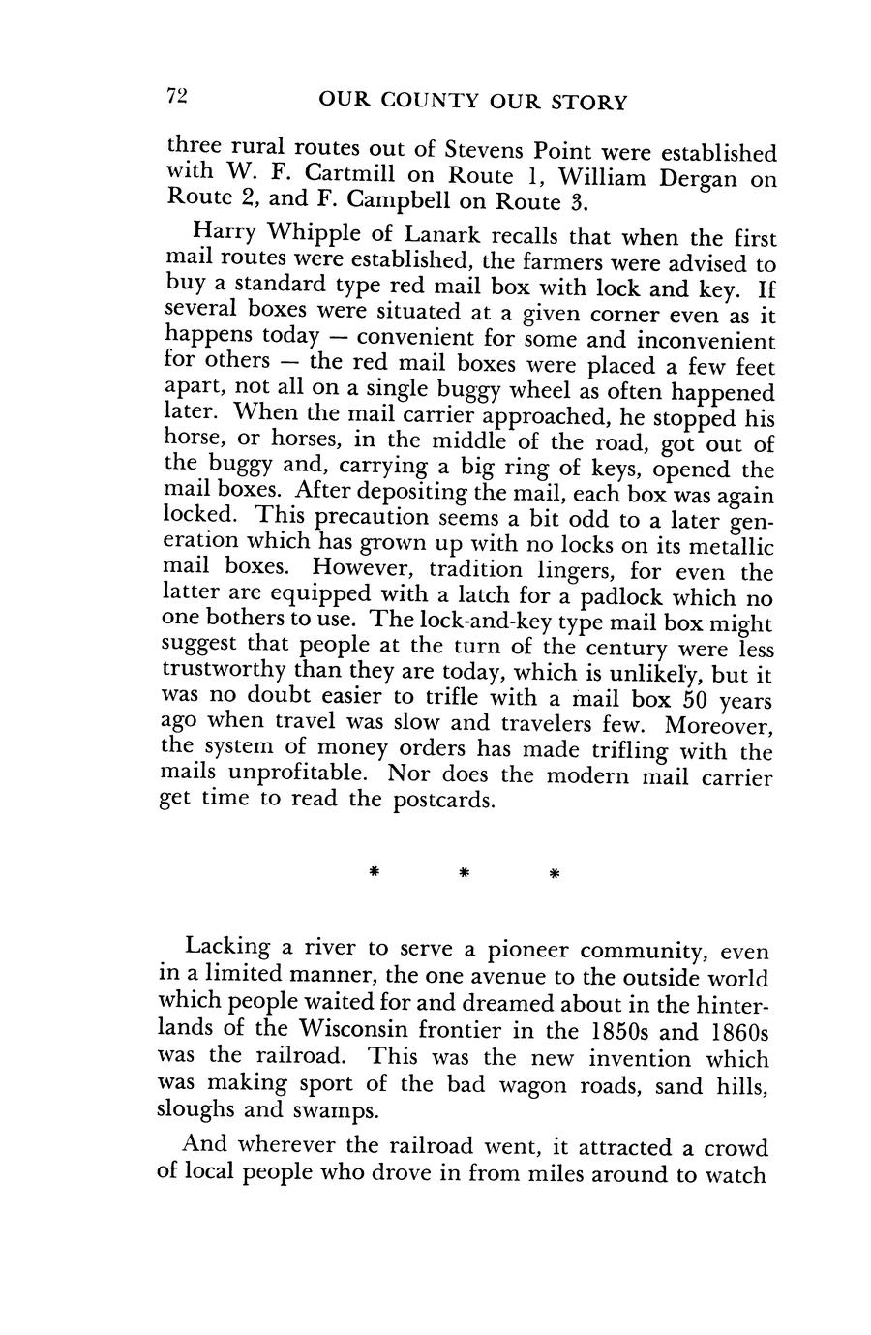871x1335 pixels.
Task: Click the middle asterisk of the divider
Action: point(464,873)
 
